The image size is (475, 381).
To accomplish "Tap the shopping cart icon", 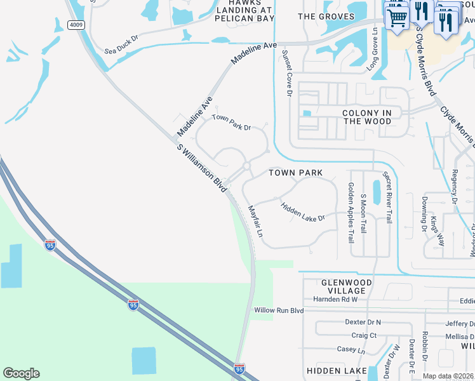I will click(x=396, y=17).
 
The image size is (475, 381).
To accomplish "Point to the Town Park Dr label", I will click(x=232, y=122).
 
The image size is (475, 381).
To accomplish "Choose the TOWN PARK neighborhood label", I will click(x=295, y=173).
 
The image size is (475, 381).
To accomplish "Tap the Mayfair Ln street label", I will click(x=256, y=220).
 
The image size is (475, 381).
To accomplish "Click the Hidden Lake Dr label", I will click(x=303, y=211).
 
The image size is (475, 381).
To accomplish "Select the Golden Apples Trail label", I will click(x=351, y=213).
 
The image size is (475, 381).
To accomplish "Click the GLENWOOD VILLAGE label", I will click(x=346, y=287).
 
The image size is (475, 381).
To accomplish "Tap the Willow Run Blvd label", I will click(x=279, y=311).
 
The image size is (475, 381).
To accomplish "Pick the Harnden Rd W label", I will click(x=336, y=299).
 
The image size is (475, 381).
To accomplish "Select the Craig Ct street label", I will click(x=364, y=335).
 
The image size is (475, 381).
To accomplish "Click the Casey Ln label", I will click(x=351, y=350).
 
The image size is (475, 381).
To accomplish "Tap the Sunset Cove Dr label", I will click(x=286, y=73).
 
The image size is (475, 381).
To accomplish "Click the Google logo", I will click(x=22, y=373).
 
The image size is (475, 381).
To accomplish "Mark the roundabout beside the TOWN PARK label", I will click(x=246, y=166).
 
